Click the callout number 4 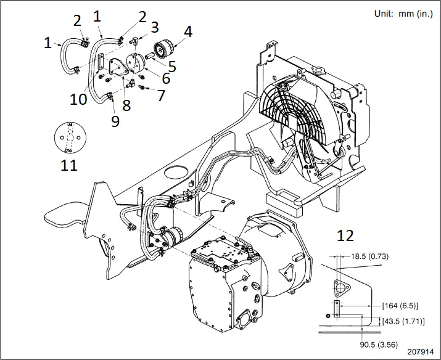coord(188,32)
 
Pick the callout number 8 coord(126,106)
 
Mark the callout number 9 coord(115,121)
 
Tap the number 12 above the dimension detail coord(345,235)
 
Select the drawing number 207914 coord(418,353)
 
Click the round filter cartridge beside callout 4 coord(165,47)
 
